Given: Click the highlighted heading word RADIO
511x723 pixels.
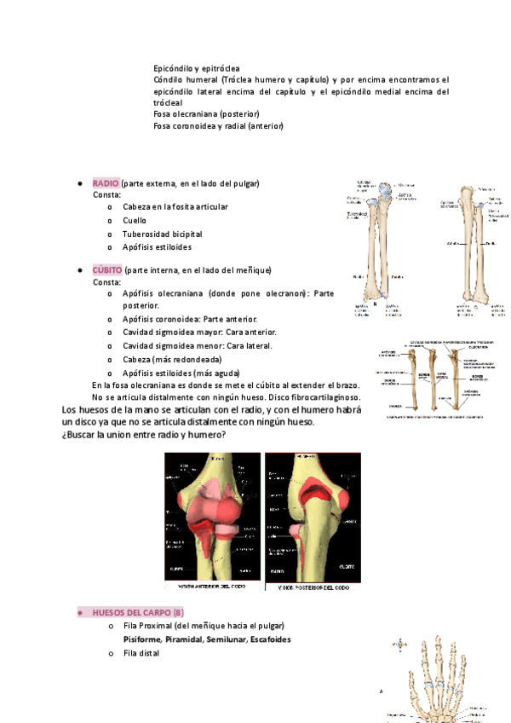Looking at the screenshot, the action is (106, 184).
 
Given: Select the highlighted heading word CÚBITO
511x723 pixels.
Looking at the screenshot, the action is (107, 270).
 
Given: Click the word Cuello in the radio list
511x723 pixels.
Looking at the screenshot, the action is (136, 220).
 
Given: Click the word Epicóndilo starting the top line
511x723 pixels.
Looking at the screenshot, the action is (174, 67).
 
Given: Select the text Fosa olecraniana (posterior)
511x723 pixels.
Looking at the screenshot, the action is (206, 113).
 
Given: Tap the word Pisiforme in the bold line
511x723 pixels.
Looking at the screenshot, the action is (142, 639).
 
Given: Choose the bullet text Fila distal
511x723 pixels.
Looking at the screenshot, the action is (141, 653).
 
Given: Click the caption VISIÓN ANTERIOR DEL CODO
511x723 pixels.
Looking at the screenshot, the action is (214, 587).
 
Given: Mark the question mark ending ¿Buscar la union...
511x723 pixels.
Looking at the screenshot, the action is (224, 435).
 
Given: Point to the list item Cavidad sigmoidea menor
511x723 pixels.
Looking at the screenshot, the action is (198, 345).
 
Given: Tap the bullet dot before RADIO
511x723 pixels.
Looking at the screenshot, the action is (79, 184).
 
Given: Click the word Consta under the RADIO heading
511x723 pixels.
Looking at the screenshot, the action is (107, 195).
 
